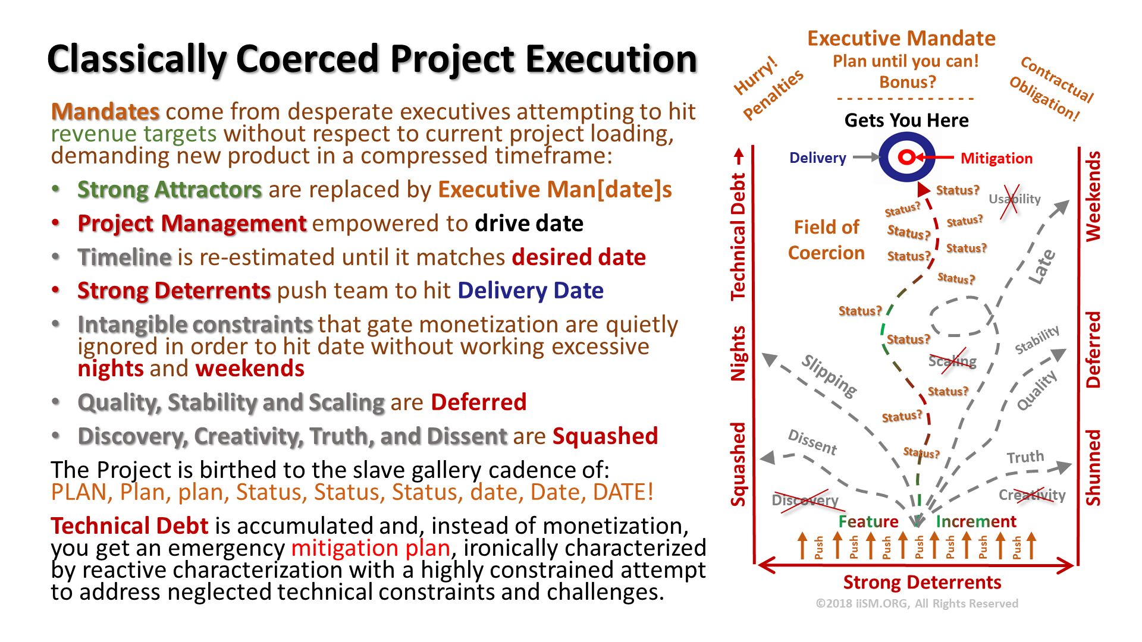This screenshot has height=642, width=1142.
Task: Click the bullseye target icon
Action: (x=906, y=158)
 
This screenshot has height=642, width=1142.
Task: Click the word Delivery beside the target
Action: (x=817, y=158)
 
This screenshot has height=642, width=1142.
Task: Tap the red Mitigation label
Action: (x=996, y=159)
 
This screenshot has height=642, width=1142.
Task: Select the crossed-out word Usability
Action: (x=1014, y=199)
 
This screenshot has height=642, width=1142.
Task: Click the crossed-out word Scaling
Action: (x=952, y=361)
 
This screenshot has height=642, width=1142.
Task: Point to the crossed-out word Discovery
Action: (x=805, y=501)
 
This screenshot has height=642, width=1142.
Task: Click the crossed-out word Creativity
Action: (x=1032, y=495)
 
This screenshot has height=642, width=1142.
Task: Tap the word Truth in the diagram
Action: (x=1025, y=457)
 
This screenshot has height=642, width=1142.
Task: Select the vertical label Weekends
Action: (x=1093, y=196)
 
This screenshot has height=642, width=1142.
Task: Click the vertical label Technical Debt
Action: (x=738, y=237)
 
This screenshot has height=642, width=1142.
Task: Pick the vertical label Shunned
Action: (x=1093, y=467)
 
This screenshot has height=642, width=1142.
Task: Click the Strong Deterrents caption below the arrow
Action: (x=922, y=583)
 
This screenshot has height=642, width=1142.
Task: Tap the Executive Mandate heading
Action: (x=901, y=39)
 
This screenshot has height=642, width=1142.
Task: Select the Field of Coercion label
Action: (x=826, y=240)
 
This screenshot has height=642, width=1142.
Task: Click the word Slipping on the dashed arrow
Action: (x=829, y=376)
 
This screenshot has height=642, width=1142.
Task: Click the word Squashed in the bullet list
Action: (x=605, y=436)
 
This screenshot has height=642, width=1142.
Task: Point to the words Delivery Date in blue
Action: (x=530, y=291)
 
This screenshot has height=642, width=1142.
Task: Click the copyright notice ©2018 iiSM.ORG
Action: (x=917, y=604)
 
